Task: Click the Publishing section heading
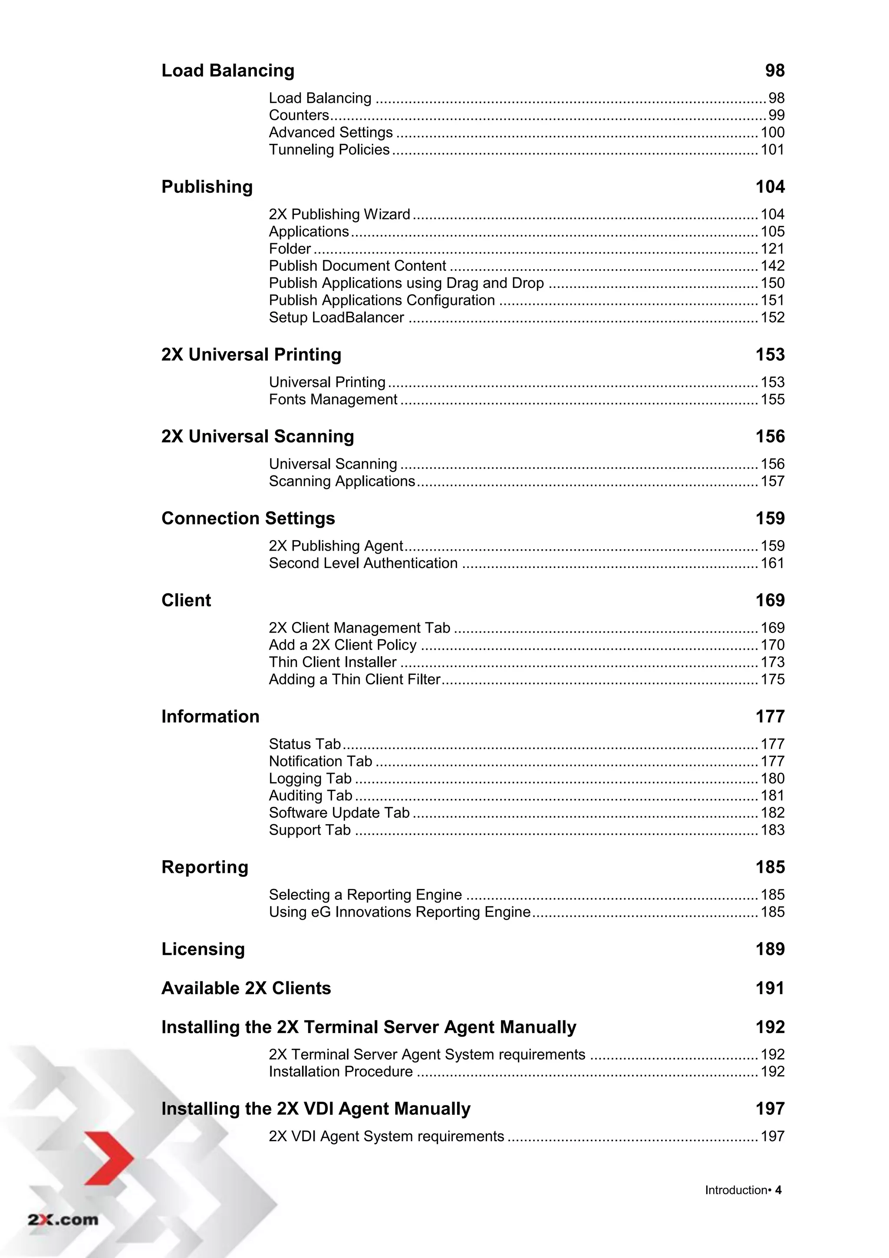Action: [x=207, y=187]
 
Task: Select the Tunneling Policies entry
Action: [x=329, y=149]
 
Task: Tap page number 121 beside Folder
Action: [x=772, y=249]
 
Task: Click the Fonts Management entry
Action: [x=333, y=400]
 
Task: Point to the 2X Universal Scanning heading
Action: [x=257, y=437]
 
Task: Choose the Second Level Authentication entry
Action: [x=362, y=563]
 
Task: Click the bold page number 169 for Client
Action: [x=770, y=601]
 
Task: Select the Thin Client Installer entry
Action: [x=333, y=662]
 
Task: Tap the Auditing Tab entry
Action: [x=310, y=796]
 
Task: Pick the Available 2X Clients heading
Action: [x=246, y=988]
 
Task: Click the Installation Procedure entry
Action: [x=340, y=1072]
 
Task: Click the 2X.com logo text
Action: [x=63, y=1220]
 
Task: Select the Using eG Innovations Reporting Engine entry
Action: [x=399, y=912]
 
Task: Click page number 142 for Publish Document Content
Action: [x=772, y=266]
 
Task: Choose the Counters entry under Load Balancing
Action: [x=299, y=116]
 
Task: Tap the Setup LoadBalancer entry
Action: [x=336, y=318]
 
